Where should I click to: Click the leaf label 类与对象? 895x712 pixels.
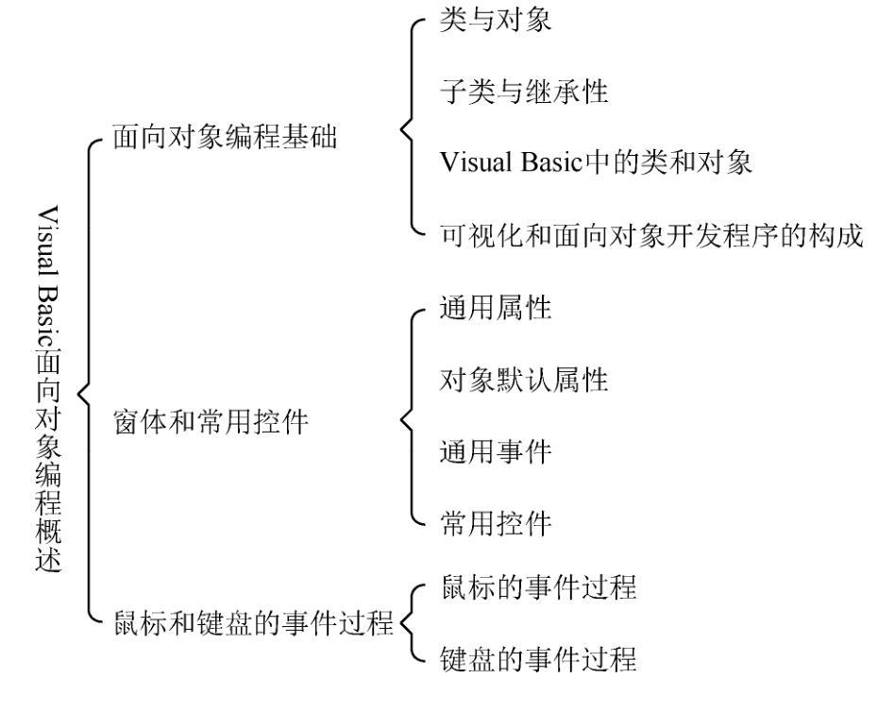tap(495, 19)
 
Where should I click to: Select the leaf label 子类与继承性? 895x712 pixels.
tap(523, 91)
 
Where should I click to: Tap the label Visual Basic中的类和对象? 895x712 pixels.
tap(596, 162)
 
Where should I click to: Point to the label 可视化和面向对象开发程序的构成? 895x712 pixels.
tap(651, 235)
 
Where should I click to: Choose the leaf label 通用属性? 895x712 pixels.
tap(495, 307)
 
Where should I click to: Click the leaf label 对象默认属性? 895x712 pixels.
tap(523, 379)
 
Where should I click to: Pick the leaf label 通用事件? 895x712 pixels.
tap(495, 451)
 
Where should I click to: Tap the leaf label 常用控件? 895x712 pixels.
tap(495, 523)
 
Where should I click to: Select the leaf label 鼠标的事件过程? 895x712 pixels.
tap(538, 587)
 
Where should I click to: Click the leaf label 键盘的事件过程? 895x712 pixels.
tap(538, 659)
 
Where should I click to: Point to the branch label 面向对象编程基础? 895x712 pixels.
tap(225, 137)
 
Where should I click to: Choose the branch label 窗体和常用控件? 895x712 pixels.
tap(211, 422)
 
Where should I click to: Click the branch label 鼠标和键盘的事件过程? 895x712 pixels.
tap(253, 622)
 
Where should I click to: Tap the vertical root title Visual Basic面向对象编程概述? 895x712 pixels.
tap(48, 389)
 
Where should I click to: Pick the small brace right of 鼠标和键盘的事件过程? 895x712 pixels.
tap(413, 623)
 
